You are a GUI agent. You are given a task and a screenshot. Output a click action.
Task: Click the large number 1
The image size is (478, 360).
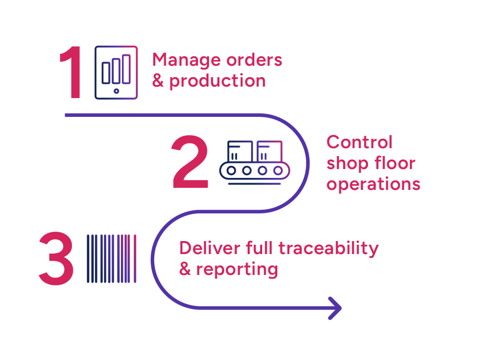72,73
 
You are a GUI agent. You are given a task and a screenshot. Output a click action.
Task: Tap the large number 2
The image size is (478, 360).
190,163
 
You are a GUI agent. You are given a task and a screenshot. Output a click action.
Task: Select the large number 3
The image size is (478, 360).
56,259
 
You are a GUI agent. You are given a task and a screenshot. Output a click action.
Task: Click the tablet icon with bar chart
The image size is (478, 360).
116,73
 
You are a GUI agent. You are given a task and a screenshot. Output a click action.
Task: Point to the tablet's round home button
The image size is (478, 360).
116,91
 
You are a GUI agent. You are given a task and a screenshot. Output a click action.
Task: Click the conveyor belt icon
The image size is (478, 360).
254,161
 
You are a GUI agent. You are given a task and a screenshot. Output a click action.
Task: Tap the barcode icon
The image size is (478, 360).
112,259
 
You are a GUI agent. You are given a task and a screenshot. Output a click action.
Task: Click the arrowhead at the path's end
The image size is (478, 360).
335,307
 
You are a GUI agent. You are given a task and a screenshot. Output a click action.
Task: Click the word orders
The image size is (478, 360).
254,60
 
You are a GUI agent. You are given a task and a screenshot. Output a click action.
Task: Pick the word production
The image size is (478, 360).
217,81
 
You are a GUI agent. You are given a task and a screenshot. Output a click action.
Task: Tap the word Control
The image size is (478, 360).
359,142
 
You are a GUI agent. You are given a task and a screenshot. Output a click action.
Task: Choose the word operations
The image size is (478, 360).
373,184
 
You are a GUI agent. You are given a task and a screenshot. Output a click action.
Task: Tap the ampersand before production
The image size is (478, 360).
158,81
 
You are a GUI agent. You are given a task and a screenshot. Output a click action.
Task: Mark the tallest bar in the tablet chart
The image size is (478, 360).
126,68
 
